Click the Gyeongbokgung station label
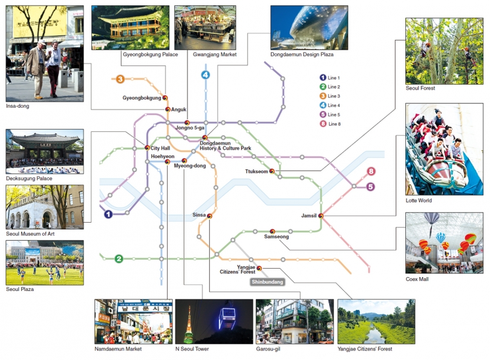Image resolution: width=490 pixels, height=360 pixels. click(142, 97)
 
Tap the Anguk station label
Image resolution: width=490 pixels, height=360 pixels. click(179, 110)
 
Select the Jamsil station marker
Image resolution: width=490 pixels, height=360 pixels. click(321, 215)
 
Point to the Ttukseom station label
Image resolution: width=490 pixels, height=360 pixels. click(256, 171)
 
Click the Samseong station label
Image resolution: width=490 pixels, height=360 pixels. click(276, 237)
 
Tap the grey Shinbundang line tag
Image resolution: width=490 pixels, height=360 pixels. click(267, 282)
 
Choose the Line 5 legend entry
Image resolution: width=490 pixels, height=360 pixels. click(330, 114)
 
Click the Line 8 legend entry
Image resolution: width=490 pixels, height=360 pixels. click(330, 123)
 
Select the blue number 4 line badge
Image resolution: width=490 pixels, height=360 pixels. click(206, 75)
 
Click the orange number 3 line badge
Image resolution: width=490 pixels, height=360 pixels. click(120, 79)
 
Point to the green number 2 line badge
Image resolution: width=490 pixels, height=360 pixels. click(119, 259)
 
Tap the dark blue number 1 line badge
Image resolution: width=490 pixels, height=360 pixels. click(108, 214)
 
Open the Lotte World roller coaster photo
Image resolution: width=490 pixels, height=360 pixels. click(444, 149)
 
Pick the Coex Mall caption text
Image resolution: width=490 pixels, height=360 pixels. click(417, 279)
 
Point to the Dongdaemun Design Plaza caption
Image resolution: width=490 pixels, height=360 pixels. click(302, 54)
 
